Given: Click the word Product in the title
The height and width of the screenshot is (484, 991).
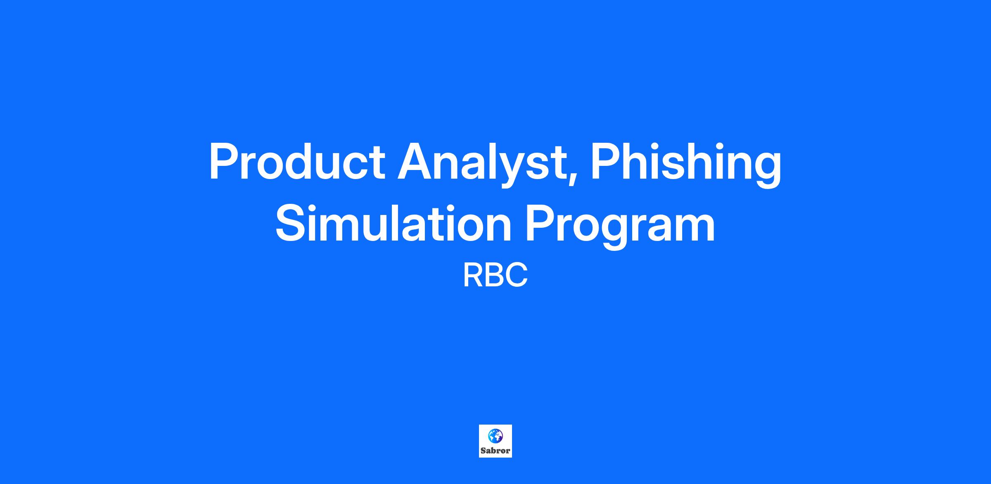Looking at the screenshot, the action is [297, 161].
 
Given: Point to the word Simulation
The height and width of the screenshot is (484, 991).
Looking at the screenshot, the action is [394, 223].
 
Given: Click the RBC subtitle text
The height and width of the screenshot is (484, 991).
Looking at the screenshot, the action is [495, 276].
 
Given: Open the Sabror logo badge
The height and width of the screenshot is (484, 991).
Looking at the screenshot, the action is [495, 441].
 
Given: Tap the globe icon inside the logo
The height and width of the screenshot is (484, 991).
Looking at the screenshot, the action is [495, 436].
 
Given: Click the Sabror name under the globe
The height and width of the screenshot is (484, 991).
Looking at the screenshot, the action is [495, 451].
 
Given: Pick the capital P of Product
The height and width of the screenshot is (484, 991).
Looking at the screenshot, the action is [225, 161].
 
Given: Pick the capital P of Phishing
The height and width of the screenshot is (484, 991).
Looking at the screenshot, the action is [607, 161].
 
